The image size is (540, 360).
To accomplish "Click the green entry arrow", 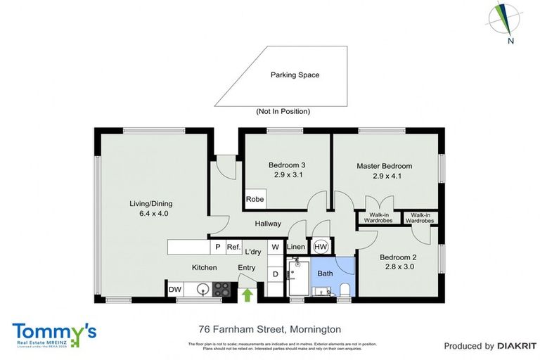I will coord(247,295).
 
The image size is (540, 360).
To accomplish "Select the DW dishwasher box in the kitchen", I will coord(175,289).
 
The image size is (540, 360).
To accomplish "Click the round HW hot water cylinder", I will coord(321,247).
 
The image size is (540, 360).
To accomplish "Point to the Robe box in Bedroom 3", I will coord(255,200).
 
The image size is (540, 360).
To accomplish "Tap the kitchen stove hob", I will coord(221,289).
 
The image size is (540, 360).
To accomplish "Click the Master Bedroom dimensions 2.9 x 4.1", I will coord(384,176).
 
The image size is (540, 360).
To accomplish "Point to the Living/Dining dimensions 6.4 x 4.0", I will coord(149,213).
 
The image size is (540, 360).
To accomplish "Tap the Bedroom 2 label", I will coord(399,257).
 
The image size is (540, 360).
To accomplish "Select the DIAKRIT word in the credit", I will coord(517,346).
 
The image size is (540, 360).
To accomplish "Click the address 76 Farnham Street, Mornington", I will coord(269,329).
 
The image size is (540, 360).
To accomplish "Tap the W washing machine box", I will coord(276,247).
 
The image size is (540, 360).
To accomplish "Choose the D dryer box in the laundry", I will coord(276,274).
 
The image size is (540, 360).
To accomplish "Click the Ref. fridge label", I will coord(233,247).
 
